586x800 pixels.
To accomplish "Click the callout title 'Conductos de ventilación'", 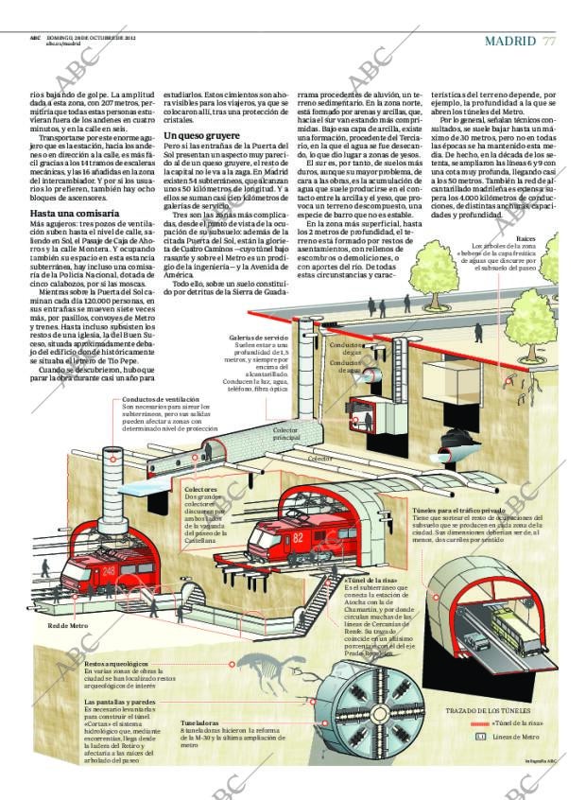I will [161, 399].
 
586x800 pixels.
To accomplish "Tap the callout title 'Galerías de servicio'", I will [258, 338].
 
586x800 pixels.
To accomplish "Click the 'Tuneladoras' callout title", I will [199, 723].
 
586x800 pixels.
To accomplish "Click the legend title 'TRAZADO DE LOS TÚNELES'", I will [487, 710].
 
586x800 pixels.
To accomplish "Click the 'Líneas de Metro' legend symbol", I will [480, 737].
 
